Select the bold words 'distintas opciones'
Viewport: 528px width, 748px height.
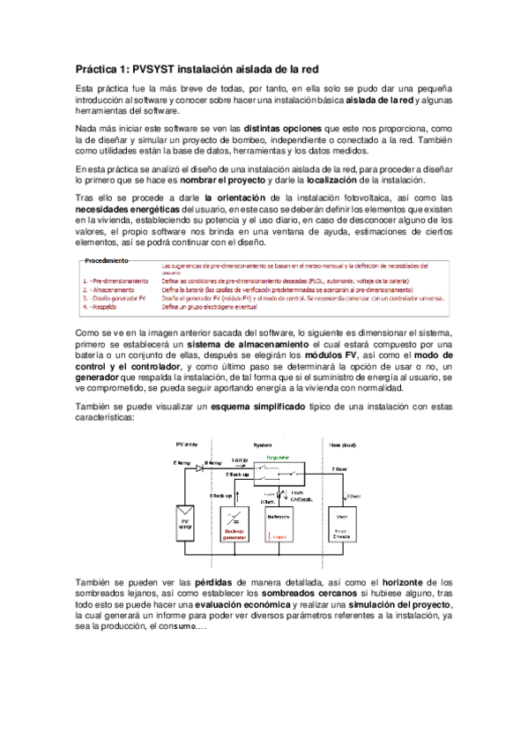282,129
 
